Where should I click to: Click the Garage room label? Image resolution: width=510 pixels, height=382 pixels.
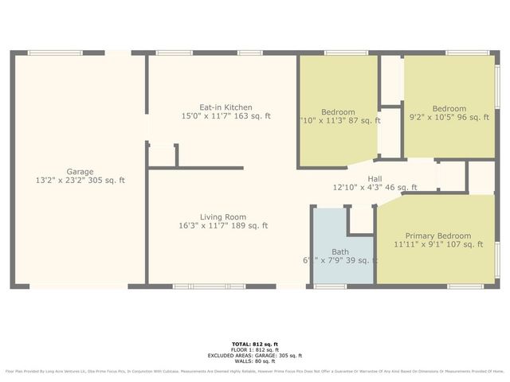point(80,171)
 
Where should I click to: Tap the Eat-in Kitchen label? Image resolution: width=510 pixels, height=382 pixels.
point(226,107)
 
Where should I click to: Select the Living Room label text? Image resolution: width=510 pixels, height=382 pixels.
point(222,216)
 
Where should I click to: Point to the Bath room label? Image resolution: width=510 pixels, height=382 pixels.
point(340,251)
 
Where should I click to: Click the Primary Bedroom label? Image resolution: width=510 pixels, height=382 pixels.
point(437,236)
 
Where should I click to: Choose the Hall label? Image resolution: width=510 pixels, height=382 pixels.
point(375,179)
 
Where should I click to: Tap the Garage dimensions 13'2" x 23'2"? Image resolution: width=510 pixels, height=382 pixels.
point(80,181)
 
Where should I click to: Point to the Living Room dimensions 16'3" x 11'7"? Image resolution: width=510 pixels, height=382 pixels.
point(222,226)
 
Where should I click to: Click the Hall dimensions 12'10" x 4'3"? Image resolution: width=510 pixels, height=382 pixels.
point(375,188)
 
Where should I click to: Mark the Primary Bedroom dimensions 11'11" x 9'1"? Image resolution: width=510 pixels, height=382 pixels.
point(437,244)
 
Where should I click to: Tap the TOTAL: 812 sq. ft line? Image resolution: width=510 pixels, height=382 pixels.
point(254,344)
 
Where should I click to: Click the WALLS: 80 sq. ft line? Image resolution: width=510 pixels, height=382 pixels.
point(254,361)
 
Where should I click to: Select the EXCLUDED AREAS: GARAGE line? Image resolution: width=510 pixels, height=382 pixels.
point(254,355)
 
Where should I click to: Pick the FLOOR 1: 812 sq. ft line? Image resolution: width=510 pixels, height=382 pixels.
point(254,349)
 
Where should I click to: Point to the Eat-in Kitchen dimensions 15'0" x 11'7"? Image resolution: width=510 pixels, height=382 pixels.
point(226,116)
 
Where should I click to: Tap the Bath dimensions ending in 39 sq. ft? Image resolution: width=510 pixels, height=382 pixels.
point(340,260)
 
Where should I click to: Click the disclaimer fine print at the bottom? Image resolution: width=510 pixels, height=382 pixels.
point(254,371)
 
